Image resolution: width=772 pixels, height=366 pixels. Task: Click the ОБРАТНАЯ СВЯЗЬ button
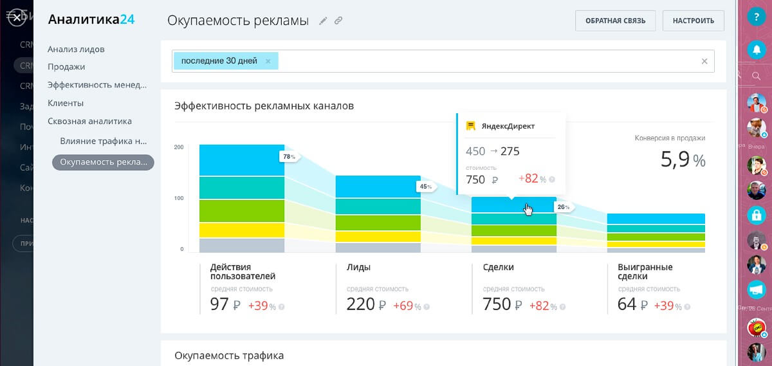point(615,21)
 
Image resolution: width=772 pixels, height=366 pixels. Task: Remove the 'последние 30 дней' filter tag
point(268,61)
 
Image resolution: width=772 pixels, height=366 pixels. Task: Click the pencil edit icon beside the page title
point(323,21)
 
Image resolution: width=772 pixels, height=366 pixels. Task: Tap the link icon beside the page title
point(338,21)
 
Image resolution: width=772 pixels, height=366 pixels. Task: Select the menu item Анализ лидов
point(76,49)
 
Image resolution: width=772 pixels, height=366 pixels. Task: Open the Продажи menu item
point(66,67)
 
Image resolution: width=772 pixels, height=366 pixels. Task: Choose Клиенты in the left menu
point(66,103)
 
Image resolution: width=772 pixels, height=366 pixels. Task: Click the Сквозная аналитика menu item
point(89,121)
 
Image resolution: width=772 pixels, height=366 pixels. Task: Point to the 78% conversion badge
point(288,156)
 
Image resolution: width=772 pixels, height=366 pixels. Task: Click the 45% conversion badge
point(425,187)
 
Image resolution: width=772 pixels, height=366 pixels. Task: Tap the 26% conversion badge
point(563,207)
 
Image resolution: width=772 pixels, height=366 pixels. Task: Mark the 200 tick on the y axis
point(179,147)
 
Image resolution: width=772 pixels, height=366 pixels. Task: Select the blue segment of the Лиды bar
point(378,187)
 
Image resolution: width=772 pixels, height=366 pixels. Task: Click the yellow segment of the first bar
point(241,230)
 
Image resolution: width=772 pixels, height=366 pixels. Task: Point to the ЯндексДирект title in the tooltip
point(508,126)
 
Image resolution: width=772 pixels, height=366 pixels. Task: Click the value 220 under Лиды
point(361,304)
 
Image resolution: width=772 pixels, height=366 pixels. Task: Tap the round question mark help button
point(756,18)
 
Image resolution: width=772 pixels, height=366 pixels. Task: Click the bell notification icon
point(756,49)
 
